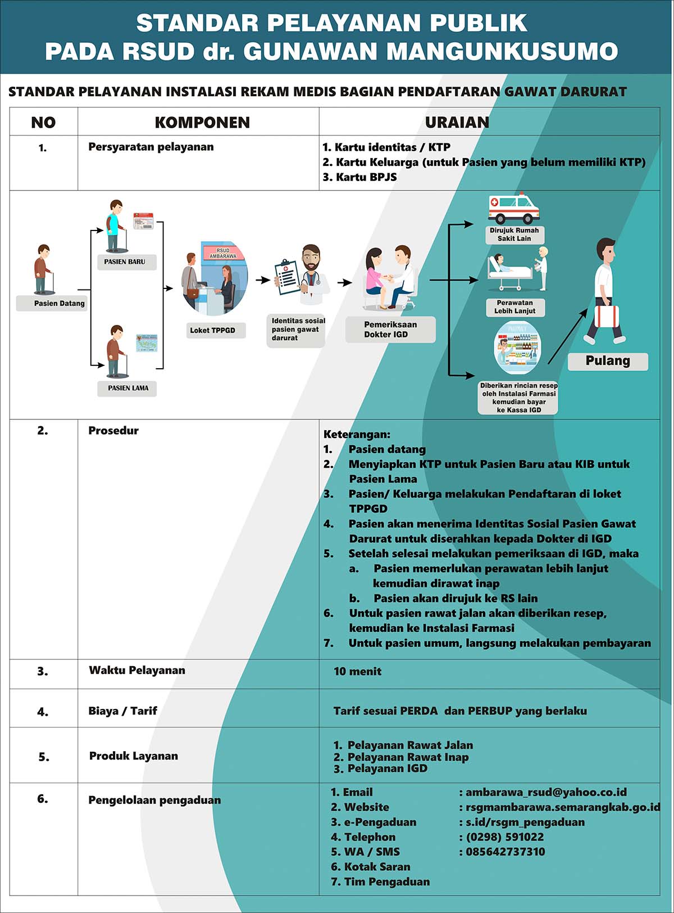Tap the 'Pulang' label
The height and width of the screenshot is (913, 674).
[608, 361]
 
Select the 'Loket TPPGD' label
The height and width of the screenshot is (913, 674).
[213, 330]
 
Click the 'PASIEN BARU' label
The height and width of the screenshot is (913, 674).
[125, 261]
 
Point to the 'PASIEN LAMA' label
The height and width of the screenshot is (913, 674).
[128, 388]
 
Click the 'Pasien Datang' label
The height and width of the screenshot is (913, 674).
[59, 304]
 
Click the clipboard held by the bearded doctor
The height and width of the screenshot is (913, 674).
[287, 277]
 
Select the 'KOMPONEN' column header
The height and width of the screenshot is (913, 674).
[202, 122]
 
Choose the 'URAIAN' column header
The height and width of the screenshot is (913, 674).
[457, 122]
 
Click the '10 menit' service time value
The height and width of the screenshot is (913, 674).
[357, 671]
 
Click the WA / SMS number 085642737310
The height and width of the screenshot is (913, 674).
[505, 852]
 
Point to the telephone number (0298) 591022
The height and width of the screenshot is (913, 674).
[504, 837]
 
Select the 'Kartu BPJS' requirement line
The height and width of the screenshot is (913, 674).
[360, 177]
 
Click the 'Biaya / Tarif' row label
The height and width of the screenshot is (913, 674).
[122, 711]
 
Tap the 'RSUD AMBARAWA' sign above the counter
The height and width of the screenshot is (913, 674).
[223, 253]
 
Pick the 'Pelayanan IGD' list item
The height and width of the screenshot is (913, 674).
[380, 769]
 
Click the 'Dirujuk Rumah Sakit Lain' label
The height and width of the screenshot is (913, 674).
[514, 234]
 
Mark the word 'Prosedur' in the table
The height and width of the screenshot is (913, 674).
[113, 431]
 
